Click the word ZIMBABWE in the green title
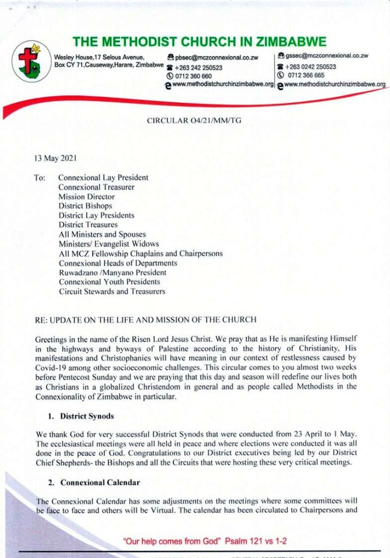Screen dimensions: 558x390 (290, 41)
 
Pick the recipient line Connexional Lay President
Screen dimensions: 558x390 (103, 178)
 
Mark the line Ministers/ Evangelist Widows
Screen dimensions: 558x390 (109, 244)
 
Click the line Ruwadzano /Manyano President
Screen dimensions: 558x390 (113, 272)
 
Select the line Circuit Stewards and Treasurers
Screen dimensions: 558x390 (112, 292)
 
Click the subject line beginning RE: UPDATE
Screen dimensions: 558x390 (145, 319)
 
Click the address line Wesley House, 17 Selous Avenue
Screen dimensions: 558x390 (99, 57)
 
